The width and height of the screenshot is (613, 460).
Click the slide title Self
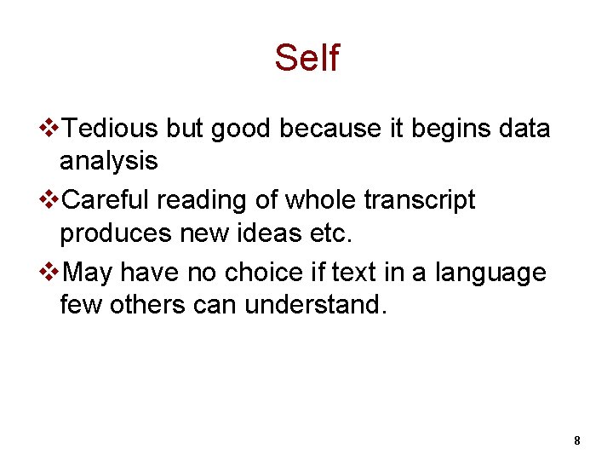click(x=306, y=58)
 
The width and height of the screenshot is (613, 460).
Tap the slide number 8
click(x=577, y=440)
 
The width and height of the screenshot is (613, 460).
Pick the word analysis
click(x=108, y=161)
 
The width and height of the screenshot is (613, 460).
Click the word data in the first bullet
click(x=521, y=129)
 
